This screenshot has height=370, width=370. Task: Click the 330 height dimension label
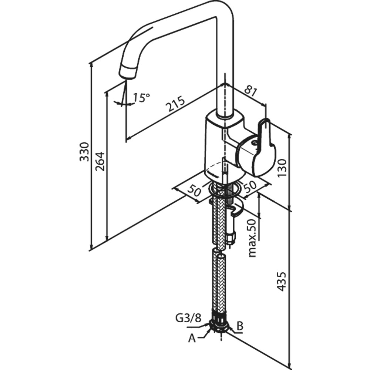pos(84,152)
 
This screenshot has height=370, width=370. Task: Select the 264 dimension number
pos(100,161)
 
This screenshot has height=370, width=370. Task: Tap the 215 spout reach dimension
pos(175,103)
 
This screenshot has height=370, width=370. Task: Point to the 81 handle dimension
pos(250,91)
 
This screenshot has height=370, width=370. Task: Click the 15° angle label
pos(141,98)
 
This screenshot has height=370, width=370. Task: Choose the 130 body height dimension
pos(282,168)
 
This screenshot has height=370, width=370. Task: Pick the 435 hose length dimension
pos(281,282)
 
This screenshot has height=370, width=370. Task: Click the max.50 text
pos(252,238)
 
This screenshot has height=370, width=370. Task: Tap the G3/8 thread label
pos(189,318)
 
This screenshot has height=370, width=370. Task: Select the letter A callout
pos(192,339)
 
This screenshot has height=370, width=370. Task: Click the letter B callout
pos(240,326)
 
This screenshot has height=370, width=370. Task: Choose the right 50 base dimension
pos(250,185)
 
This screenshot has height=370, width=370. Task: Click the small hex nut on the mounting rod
pos(231,236)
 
